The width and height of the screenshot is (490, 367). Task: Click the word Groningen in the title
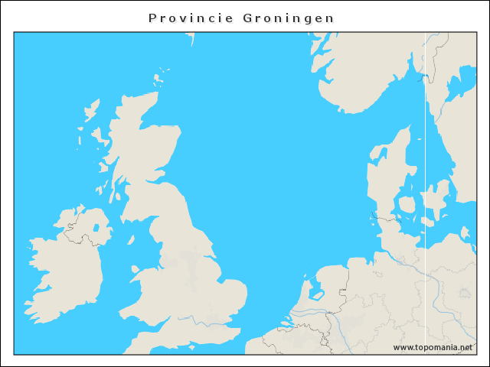[x=289, y=18]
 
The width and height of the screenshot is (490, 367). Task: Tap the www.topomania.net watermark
[x=433, y=347]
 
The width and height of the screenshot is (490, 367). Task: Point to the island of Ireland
[x=65, y=268]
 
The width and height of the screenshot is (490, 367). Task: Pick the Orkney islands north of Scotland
[x=161, y=78]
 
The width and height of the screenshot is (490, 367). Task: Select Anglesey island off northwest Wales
[x=136, y=269]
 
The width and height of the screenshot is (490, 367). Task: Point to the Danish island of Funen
[x=406, y=205]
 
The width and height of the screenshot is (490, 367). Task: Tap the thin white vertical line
[x=426, y=191]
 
